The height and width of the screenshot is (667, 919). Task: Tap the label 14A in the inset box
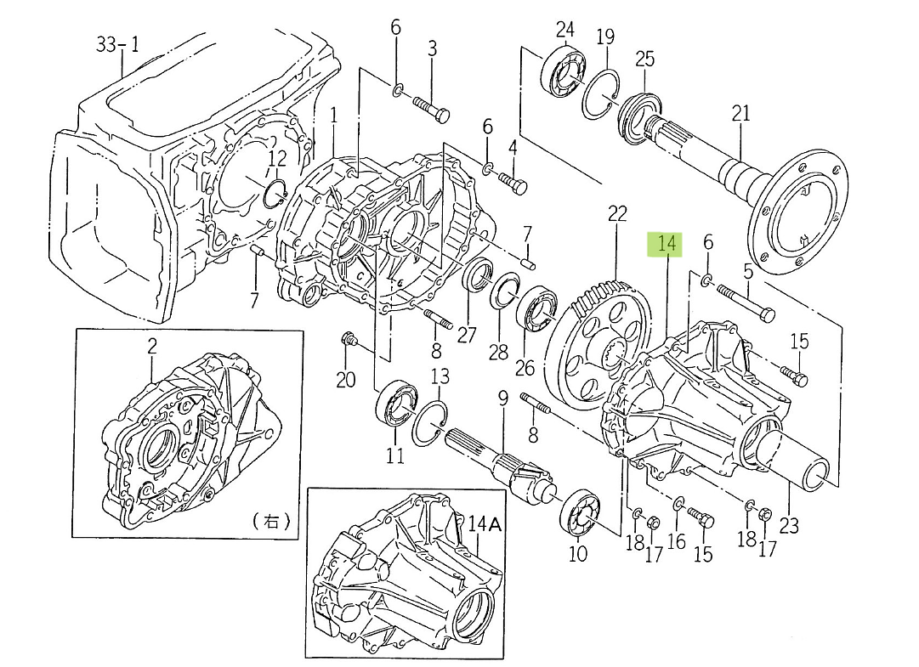[485, 524]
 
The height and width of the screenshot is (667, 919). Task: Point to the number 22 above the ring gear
[616, 212]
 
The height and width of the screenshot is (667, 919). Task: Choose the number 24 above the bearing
[565, 31]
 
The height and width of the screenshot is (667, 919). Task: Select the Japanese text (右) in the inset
[272, 522]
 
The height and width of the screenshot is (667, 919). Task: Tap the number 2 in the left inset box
[152, 347]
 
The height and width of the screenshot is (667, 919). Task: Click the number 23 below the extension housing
[789, 525]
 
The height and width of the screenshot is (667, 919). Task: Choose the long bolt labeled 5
[748, 302]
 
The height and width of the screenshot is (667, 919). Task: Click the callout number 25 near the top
[645, 59]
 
